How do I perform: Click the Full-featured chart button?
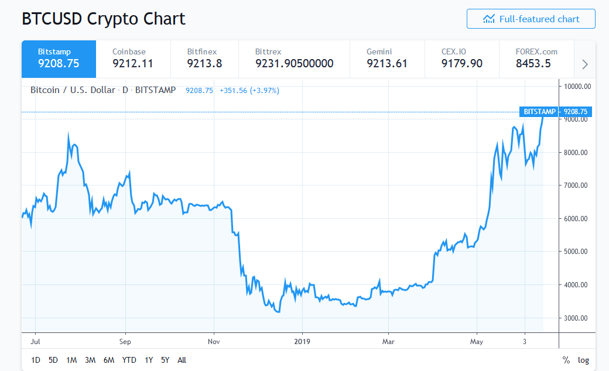click(531, 19)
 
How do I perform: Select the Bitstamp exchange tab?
click(59, 59)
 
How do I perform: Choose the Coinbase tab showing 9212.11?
click(133, 59)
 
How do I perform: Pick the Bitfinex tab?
click(204, 59)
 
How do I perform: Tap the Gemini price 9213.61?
click(387, 63)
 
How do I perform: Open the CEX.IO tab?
click(462, 59)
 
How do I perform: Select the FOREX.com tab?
click(536, 59)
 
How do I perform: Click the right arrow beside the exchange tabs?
click(584, 64)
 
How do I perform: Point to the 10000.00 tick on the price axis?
click(577, 87)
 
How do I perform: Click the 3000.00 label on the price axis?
click(577, 318)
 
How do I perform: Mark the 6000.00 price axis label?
click(577, 219)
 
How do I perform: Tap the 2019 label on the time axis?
click(302, 341)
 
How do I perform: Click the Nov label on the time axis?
click(214, 341)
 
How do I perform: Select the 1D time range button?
click(36, 360)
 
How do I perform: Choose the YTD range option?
click(129, 360)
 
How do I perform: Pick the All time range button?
click(182, 360)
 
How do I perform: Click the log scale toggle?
click(583, 360)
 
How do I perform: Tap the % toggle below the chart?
click(566, 360)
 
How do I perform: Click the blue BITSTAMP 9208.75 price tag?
click(555, 111)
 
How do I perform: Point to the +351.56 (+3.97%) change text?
click(249, 91)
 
